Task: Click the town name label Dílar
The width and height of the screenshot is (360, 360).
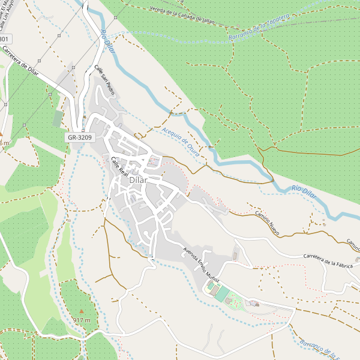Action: (138, 179)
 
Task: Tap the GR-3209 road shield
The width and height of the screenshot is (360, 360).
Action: (79, 137)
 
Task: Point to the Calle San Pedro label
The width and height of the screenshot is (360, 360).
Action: (104, 80)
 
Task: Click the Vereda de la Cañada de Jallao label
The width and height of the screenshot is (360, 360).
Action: (182, 15)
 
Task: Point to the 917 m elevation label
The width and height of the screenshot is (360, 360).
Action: (82, 320)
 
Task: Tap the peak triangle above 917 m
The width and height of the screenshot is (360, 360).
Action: (82, 311)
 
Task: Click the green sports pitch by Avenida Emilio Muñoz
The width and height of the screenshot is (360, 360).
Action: (222, 294)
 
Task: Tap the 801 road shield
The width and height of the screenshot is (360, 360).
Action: (5, 40)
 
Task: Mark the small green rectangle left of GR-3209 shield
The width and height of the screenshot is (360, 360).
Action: (58, 119)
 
